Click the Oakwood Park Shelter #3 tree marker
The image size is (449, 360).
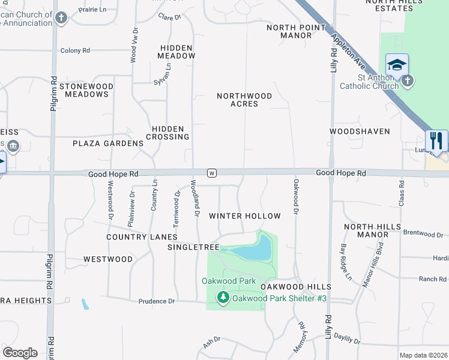[223, 297]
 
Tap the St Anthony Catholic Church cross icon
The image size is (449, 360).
[408, 80]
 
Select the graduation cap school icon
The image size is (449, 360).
[397, 65]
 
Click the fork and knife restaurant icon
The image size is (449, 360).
[436, 141]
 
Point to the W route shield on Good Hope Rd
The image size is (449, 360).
[211, 173]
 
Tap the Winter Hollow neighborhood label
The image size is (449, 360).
[244, 216]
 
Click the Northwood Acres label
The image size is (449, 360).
[244, 100]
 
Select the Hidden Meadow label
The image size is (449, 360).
[177, 52]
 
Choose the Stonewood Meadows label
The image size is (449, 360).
[86, 90]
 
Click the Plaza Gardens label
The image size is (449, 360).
[108, 143]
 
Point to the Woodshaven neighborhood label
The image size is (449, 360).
[360, 131]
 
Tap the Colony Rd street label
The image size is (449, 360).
[74, 51]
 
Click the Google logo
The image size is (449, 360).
[20, 353]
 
